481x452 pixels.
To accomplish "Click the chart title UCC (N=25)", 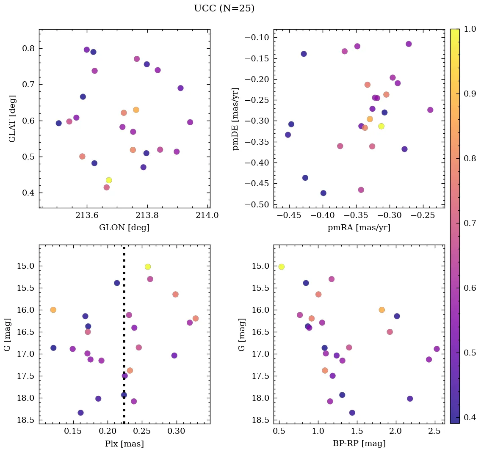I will tap(224, 8).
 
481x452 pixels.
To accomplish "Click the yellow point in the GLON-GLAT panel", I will tap(109, 180).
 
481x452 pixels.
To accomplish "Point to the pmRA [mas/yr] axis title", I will tap(359, 228).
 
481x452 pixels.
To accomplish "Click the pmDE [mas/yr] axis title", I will tap(235, 119).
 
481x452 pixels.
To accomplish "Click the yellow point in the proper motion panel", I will tap(381, 126).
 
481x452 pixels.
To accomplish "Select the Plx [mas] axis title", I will tap(124, 444).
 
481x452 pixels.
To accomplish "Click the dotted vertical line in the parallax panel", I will tap(124, 339).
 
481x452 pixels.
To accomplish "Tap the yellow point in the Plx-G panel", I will tap(148, 267).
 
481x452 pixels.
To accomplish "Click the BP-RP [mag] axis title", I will tap(359, 444).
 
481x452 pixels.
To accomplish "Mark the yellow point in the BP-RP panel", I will tap(282, 267).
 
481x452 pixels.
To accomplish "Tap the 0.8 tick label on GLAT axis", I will tap(28, 48).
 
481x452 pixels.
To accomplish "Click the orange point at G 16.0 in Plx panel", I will tap(53, 310).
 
